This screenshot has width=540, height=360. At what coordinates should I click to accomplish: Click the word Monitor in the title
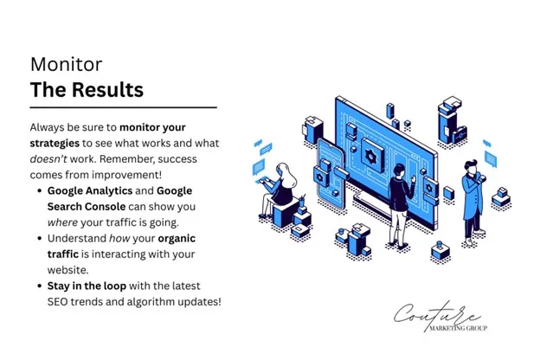coord(66,64)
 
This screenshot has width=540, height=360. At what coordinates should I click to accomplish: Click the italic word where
coord(64,222)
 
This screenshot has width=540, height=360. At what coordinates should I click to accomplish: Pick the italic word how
coord(119,238)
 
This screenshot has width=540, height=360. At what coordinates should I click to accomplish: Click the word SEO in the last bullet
coord(60,301)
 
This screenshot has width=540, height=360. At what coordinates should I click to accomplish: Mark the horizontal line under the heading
coord(123,108)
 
